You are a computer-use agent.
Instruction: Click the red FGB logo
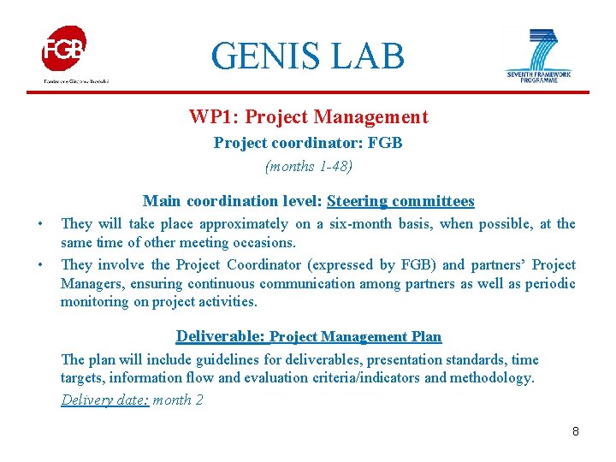point(64,49)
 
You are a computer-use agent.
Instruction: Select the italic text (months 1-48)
point(308,166)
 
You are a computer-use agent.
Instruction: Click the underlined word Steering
point(357,201)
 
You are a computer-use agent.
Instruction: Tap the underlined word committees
point(433,201)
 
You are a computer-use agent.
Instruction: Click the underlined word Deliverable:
point(221,336)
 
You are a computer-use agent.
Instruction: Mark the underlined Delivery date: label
point(105,400)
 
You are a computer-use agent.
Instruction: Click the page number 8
point(576,431)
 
